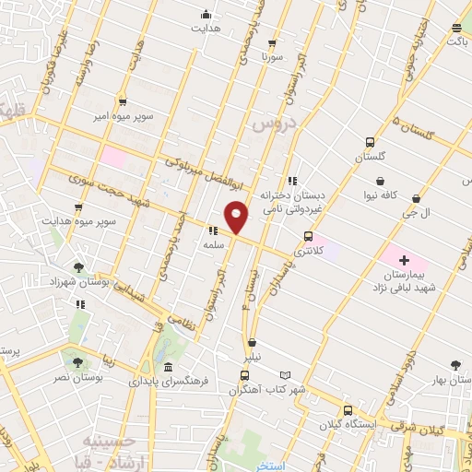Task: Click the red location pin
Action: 236,216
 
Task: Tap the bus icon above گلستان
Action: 370,143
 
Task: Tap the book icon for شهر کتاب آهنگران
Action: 285,375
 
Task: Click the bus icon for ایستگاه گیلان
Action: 348,410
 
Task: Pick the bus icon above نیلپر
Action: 244,375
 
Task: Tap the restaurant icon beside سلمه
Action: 212,231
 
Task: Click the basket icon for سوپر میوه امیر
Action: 123,102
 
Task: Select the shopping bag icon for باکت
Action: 456,27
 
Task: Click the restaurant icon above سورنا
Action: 271,42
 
